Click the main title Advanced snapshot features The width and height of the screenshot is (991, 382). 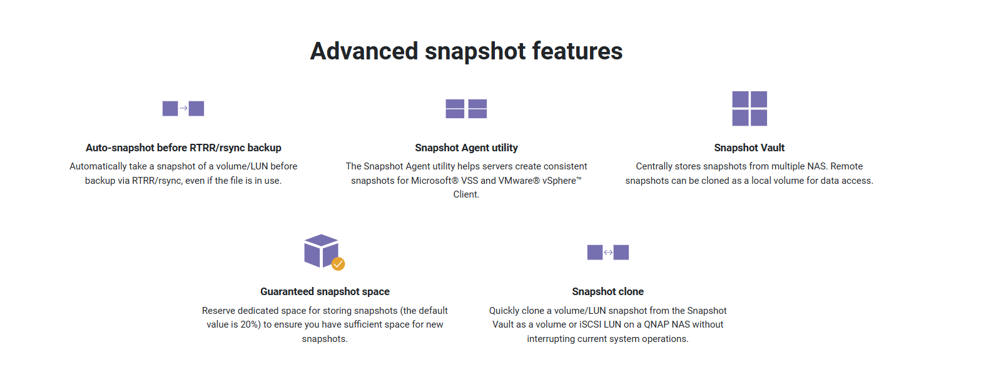click(466, 51)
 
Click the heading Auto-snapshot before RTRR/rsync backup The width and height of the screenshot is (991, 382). click(183, 148)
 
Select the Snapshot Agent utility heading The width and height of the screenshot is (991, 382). click(466, 148)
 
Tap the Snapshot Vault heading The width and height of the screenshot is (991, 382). click(749, 148)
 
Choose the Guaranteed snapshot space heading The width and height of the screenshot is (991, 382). click(325, 291)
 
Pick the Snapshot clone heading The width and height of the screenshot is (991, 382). click(607, 291)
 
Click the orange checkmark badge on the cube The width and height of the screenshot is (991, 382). click(338, 264)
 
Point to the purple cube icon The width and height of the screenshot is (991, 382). click(321, 251)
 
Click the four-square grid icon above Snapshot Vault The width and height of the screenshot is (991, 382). click(750, 108)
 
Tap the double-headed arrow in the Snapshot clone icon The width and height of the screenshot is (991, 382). click(608, 253)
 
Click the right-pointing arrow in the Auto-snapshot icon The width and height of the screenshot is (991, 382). click(183, 108)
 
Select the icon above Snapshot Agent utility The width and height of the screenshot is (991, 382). click(466, 109)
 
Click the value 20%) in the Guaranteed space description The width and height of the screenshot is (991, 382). click(250, 324)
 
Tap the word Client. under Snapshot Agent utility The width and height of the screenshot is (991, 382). click(466, 194)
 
